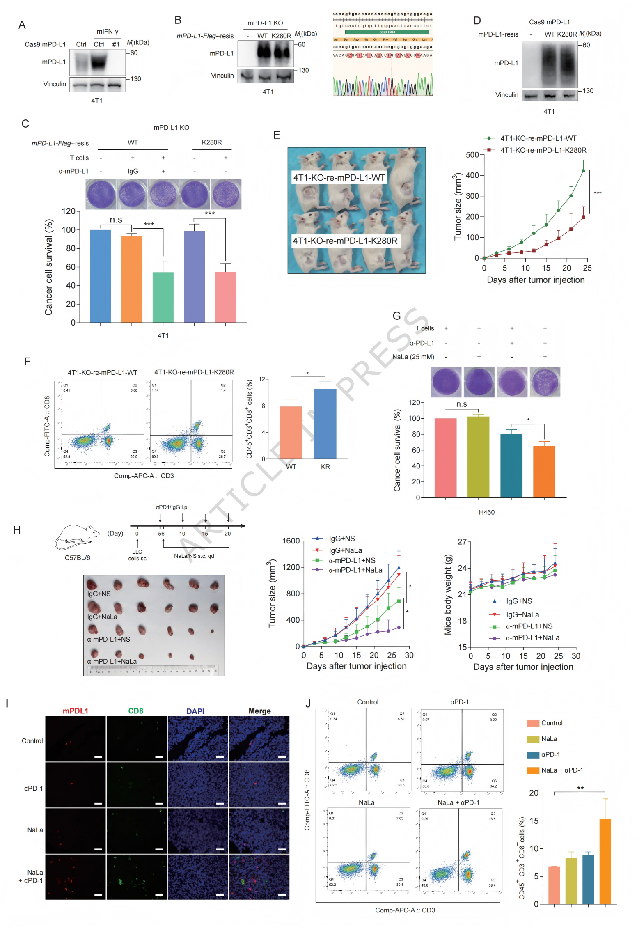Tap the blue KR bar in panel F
(x=325, y=424)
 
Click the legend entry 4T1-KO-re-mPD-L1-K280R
(x=543, y=150)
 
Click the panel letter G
(x=396, y=316)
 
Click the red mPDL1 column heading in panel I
(x=76, y=711)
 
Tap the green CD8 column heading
(x=135, y=711)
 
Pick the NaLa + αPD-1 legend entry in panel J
(x=561, y=770)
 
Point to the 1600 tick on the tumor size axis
(x=291, y=541)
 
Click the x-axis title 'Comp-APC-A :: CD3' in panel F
(x=144, y=476)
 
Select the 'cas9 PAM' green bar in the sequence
(x=387, y=32)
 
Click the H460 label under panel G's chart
(x=486, y=512)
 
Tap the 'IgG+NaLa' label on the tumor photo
(x=102, y=617)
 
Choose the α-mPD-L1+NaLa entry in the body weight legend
(x=532, y=638)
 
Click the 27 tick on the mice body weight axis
(x=462, y=542)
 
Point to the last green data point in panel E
(x=583, y=171)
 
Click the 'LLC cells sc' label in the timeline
(x=137, y=555)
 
